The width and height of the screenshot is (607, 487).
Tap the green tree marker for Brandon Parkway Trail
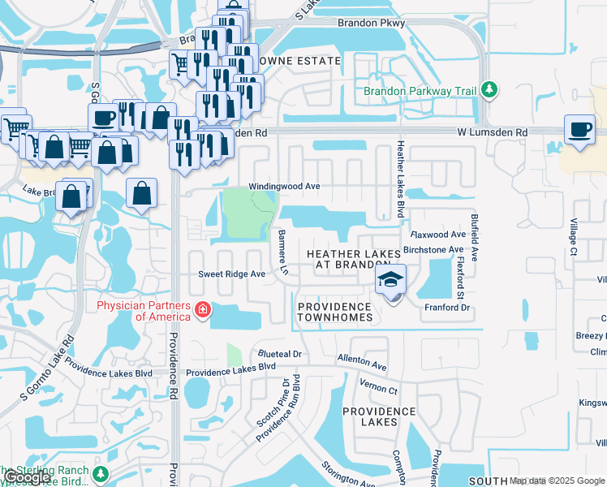(489, 89)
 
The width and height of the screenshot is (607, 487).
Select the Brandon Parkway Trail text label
(420, 92)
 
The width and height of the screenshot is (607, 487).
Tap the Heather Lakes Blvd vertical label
(400, 179)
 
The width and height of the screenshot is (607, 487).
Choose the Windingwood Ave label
(284, 186)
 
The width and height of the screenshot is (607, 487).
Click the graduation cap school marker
(390, 282)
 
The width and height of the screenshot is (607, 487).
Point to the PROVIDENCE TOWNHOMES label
(334, 312)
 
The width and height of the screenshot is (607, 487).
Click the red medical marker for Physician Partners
(201, 310)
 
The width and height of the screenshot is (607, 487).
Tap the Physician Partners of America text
(144, 311)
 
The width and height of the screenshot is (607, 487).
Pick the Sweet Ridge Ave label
(232, 274)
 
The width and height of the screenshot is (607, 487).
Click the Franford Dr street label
(447, 308)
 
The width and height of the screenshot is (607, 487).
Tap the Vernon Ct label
(381, 390)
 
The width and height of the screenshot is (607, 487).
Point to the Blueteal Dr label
(280, 354)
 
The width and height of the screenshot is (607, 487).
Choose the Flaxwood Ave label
(439, 235)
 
